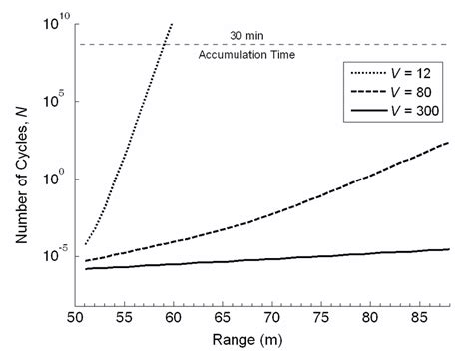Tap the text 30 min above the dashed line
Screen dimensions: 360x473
(x=261, y=36)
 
